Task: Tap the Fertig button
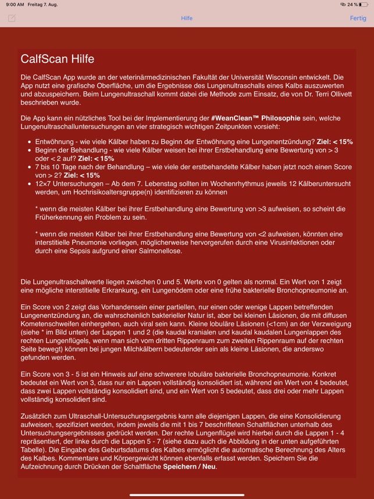pos(358,18)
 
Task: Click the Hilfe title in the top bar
pos(187,18)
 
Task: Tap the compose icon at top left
pos(12,18)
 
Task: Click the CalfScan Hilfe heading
pos(57,59)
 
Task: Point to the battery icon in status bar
pos(365,4)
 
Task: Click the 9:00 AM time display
pos(15,4)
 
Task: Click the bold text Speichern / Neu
pos(190,466)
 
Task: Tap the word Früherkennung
pos(60,217)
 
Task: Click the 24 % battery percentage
pos(352,4)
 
